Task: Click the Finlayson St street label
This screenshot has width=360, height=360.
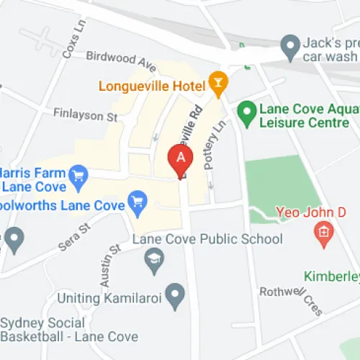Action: pyautogui.click(x=85, y=114)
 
